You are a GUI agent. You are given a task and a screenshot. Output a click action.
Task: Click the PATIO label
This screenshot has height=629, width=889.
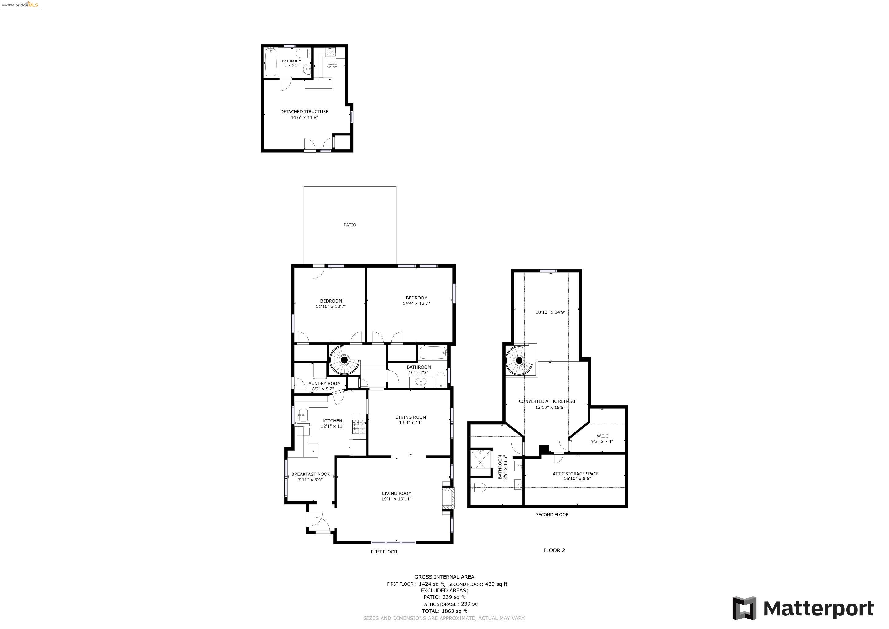tap(350, 225)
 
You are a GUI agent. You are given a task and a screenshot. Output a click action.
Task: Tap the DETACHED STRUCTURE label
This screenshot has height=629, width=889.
tap(304, 111)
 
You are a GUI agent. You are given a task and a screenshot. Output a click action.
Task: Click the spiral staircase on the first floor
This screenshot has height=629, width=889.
tap(344, 360)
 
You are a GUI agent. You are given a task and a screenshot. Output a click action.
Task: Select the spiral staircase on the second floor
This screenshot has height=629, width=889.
tap(518, 361)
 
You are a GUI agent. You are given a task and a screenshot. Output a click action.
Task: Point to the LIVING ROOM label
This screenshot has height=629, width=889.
tap(397, 494)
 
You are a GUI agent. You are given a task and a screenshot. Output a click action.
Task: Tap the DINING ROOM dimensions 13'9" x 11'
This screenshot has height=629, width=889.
tap(410, 423)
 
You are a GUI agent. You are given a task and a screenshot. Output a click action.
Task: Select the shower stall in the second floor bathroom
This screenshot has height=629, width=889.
tap(480, 463)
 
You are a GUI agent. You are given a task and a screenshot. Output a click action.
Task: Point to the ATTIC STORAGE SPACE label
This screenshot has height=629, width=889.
tap(575, 474)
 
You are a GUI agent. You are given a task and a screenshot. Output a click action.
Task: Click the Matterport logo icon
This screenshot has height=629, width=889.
tap(744, 608)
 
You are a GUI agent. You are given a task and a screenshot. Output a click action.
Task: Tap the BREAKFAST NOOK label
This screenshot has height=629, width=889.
tap(311, 474)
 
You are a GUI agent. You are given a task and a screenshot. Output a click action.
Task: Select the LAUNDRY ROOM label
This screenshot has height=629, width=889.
tap(323, 383)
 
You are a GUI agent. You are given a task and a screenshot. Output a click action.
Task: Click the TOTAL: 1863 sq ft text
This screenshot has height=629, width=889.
tap(444, 611)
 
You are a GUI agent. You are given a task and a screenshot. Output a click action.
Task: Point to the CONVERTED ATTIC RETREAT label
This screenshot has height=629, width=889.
tap(547, 401)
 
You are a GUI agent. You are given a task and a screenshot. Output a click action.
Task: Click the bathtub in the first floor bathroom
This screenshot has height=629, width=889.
tap(433, 353)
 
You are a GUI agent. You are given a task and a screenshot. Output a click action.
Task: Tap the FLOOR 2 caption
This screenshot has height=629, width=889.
tap(554, 550)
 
